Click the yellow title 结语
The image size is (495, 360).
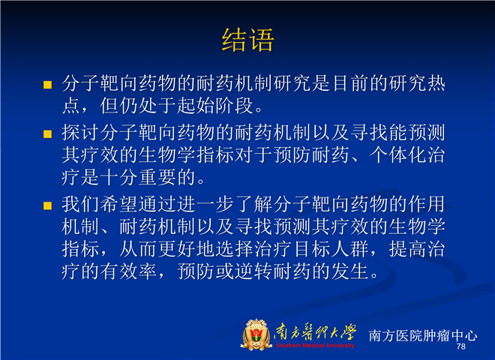pos(247,40)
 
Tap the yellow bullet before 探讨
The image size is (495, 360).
pos(48,134)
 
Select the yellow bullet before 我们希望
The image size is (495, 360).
pos(48,205)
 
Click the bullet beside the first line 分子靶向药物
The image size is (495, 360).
pos(48,85)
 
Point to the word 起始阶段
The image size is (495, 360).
pos(215,106)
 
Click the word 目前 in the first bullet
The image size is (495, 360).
pos(350,84)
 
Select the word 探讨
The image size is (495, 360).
pos(81,132)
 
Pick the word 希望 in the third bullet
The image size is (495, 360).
pos(119,204)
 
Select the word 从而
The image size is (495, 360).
pos(139,249)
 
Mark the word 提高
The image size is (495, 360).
pos(407,249)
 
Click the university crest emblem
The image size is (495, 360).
pos(256,334)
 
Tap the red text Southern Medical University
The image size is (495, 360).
pos(315,346)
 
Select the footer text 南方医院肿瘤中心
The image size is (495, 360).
pos(423,335)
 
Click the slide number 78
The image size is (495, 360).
pos(461,346)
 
